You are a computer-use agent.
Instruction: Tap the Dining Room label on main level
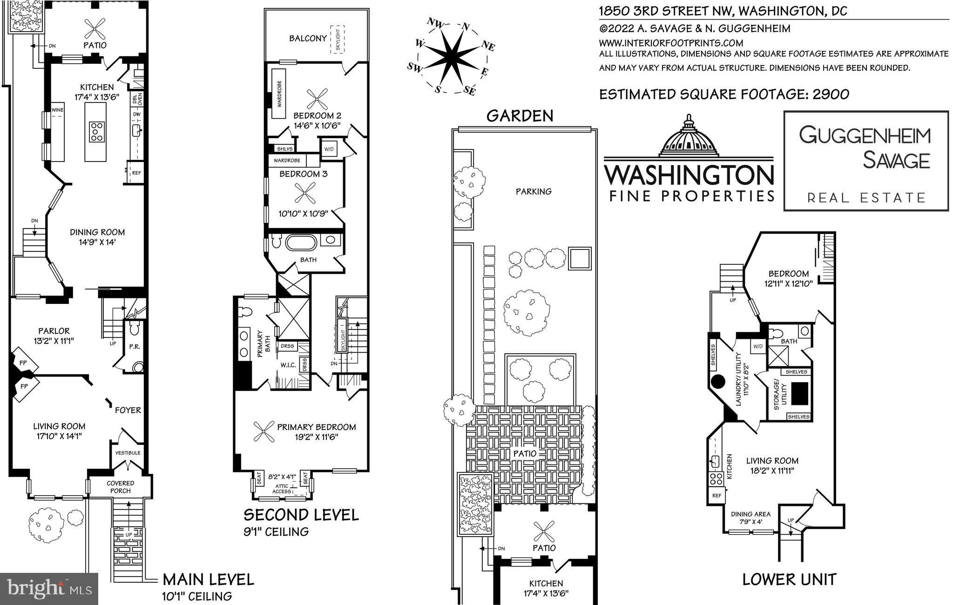97,232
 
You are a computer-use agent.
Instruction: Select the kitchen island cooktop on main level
97,131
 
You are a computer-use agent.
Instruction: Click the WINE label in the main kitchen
57,110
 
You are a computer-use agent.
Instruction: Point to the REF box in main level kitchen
136,173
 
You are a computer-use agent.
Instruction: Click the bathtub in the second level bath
301,243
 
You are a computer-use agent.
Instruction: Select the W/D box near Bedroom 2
329,149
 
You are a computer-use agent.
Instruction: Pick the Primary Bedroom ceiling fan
264,431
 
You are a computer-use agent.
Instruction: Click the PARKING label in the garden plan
534,191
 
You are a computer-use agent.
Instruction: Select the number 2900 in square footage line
831,94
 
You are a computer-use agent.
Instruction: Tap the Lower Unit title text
789,579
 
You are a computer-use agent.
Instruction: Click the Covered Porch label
120,487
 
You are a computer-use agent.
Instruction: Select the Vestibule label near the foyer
128,453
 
